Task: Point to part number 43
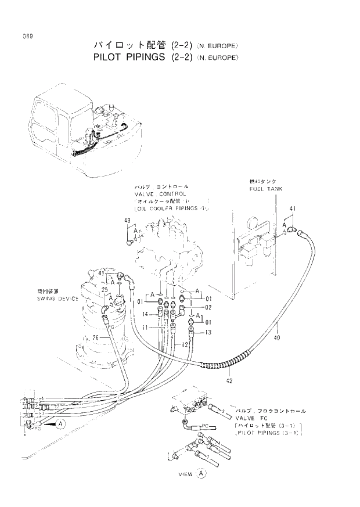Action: click(x=128, y=220)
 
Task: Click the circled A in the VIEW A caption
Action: click(x=201, y=473)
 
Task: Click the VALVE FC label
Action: click(x=251, y=418)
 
